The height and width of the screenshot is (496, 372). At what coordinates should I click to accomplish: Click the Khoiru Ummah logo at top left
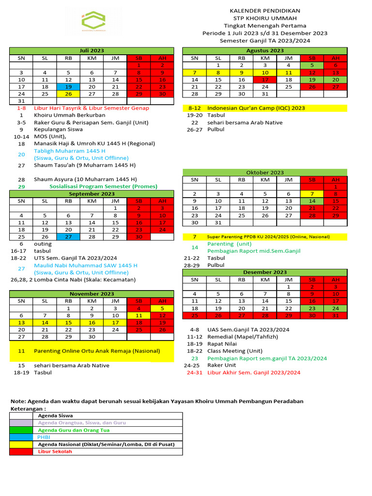click(93, 22)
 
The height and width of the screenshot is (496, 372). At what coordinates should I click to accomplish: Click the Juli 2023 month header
click(92, 51)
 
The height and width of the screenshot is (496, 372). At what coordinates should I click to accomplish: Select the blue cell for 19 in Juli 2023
click(68, 87)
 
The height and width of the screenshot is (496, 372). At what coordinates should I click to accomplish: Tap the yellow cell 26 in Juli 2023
click(68, 94)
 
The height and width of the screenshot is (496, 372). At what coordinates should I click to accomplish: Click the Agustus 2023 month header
click(265, 51)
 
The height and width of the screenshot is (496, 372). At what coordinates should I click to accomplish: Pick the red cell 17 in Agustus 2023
click(265, 79)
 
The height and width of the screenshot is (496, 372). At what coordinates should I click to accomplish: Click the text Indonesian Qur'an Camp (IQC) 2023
click(256, 108)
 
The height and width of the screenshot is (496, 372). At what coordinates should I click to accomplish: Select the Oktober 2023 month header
click(265, 172)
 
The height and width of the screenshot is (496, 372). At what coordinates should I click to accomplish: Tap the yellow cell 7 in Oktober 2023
click(312, 194)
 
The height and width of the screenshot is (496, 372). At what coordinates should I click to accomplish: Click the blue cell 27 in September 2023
click(68, 237)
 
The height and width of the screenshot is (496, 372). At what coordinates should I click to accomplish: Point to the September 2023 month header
click(92, 194)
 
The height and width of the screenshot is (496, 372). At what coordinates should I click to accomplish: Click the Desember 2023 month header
click(265, 272)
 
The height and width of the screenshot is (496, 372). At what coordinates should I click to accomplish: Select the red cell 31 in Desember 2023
click(336, 315)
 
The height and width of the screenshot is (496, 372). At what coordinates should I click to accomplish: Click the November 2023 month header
click(92, 294)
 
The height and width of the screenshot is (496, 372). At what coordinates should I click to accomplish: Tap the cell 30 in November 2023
click(92, 337)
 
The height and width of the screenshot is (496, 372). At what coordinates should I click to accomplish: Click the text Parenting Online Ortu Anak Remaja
click(97, 351)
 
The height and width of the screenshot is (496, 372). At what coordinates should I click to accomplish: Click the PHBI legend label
click(44, 437)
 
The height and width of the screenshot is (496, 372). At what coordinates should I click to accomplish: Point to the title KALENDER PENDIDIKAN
click(265, 11)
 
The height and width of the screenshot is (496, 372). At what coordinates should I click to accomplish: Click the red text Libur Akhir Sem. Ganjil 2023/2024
click(254, 372)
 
